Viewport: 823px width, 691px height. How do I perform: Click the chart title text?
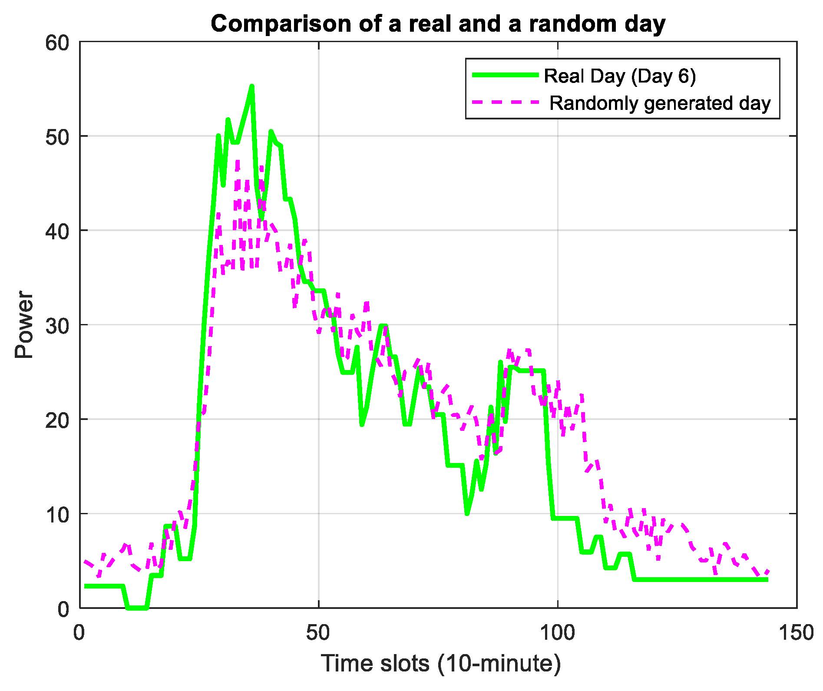click(x=438, y=23)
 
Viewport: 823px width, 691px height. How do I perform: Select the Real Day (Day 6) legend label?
click(x=620, y=76)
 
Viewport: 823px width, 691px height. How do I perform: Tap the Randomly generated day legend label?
click(x=660, y=103)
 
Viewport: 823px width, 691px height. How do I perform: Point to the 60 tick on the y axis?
click(x=57, y=43)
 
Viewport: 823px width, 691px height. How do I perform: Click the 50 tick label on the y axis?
click(x=57, y=137)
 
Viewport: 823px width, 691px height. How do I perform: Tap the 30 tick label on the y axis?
click(x=57, y=326)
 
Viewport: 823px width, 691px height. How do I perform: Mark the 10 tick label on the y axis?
click(x=57, y=515)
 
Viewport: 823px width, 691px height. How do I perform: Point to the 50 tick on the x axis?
click(x=318, y=633)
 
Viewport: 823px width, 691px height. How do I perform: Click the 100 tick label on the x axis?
click(x=557, y=633)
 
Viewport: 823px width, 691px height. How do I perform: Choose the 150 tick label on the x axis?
click(x=796, y=633)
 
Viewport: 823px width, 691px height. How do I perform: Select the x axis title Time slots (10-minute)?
click(x=440, y=663)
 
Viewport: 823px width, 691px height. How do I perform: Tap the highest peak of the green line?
click(x=252, y=86)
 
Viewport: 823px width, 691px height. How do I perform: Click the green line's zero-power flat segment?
click(x=137, y=608)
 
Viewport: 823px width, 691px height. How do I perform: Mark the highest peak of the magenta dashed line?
click(x=238, y=161)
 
